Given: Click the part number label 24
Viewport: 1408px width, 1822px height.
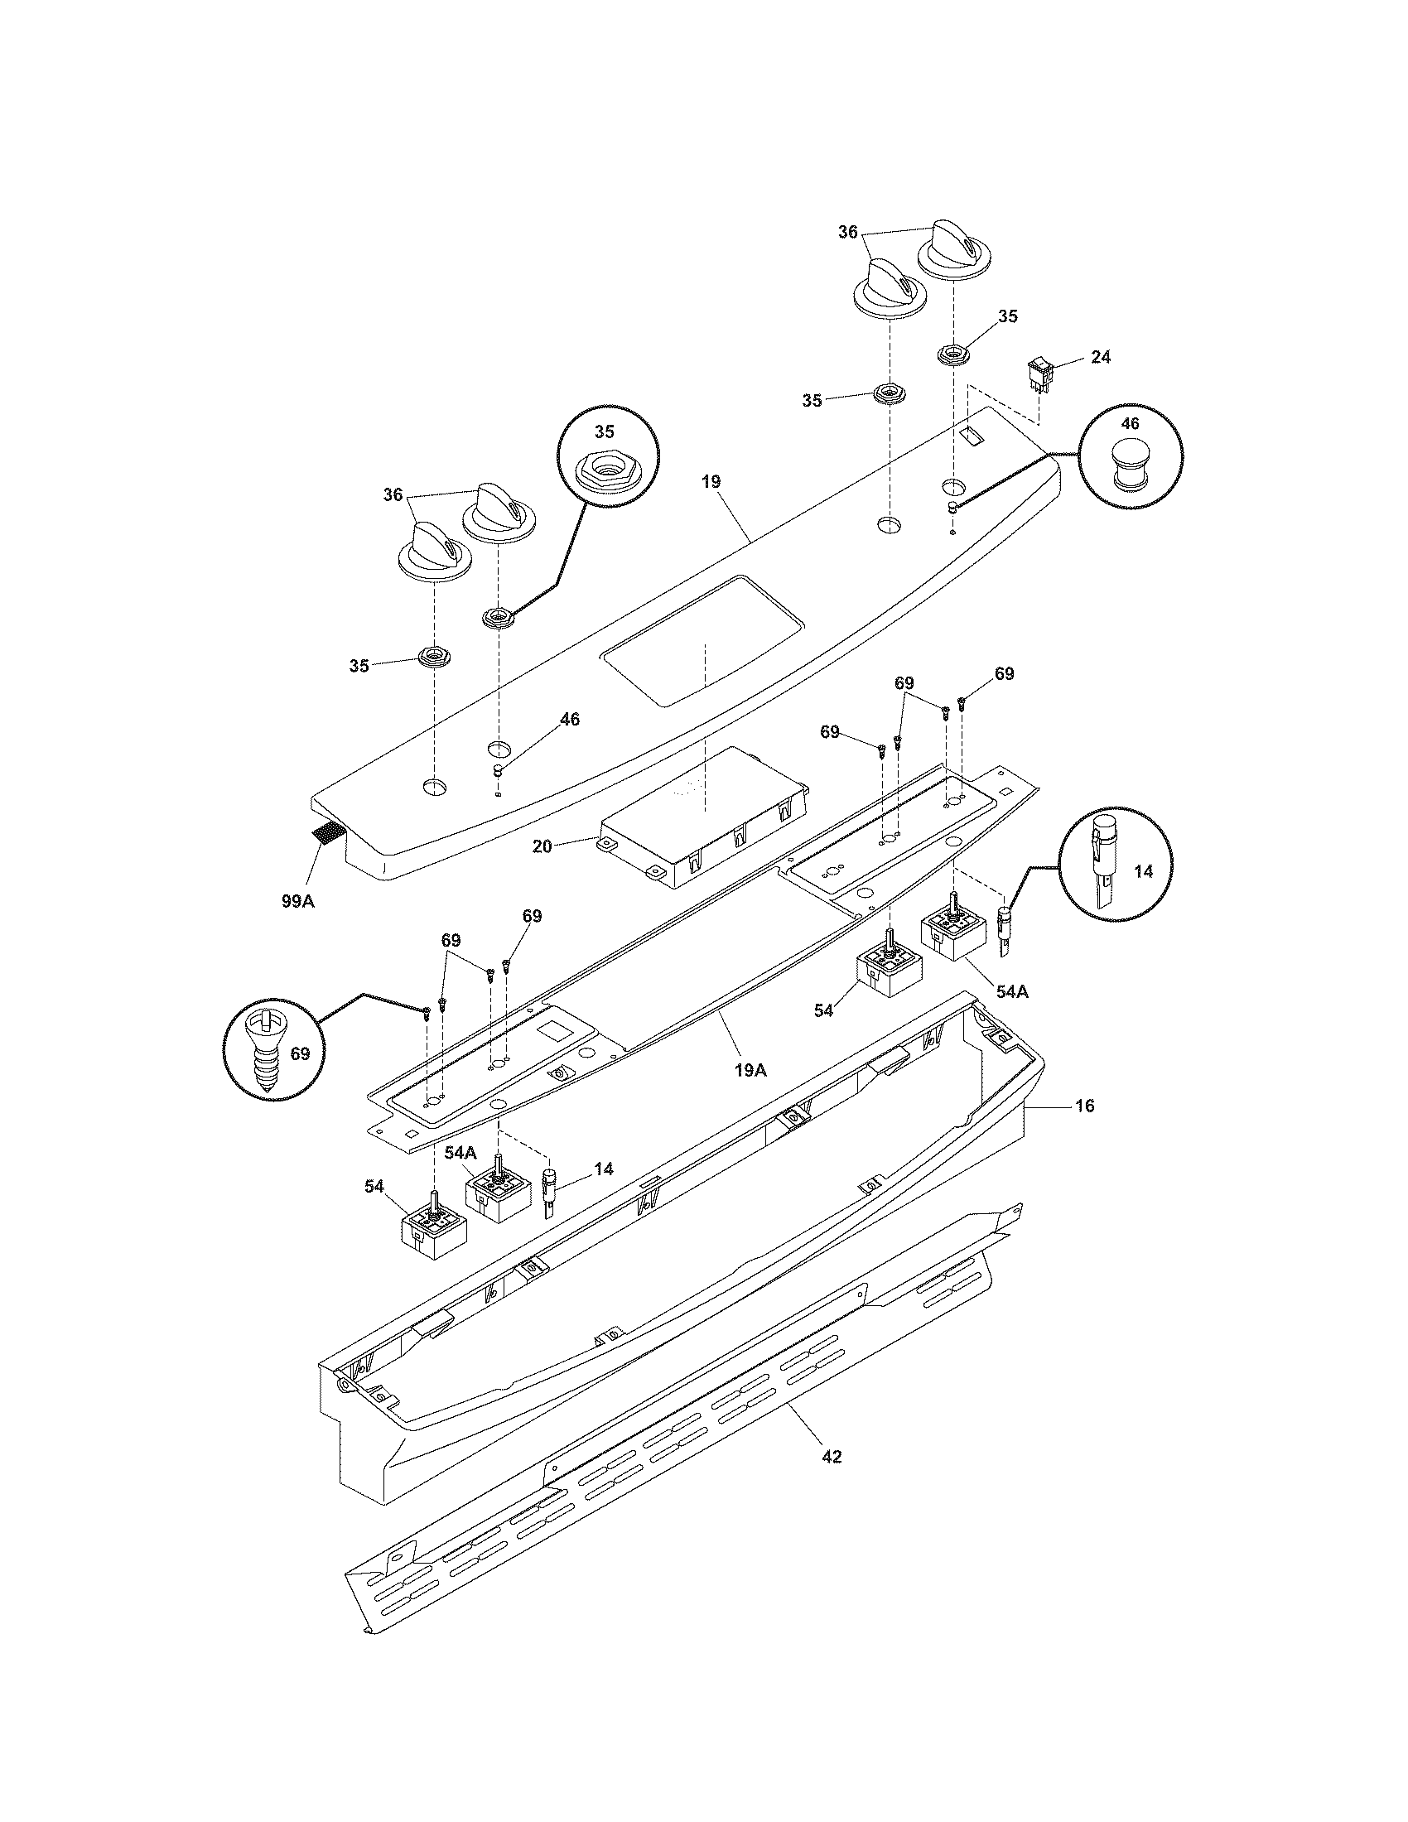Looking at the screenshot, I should pyautogui.click(x=1100, y=356).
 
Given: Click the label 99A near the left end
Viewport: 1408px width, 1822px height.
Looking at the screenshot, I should pyautogui.click(x=298, y=901).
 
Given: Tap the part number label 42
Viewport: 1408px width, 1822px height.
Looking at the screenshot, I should pyautogui.click(x=832, y=1457).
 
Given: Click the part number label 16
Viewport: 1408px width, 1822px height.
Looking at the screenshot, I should pyautogui.click(x=1085, y=1106).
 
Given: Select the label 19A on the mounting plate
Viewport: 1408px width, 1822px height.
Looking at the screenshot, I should pyautogui.click(x=750, y=1069).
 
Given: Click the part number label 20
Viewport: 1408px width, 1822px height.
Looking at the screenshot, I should pyautogui.click(x=542, y=846).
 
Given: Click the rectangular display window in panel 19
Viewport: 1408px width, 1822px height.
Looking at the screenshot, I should pyautogui.click(x=702, y=641).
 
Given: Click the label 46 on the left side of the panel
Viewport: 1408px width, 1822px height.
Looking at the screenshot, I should pyautogui.click(x=569, y=719).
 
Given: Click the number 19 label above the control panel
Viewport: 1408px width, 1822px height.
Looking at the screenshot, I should pyautogui.click(x=711, y=481).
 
